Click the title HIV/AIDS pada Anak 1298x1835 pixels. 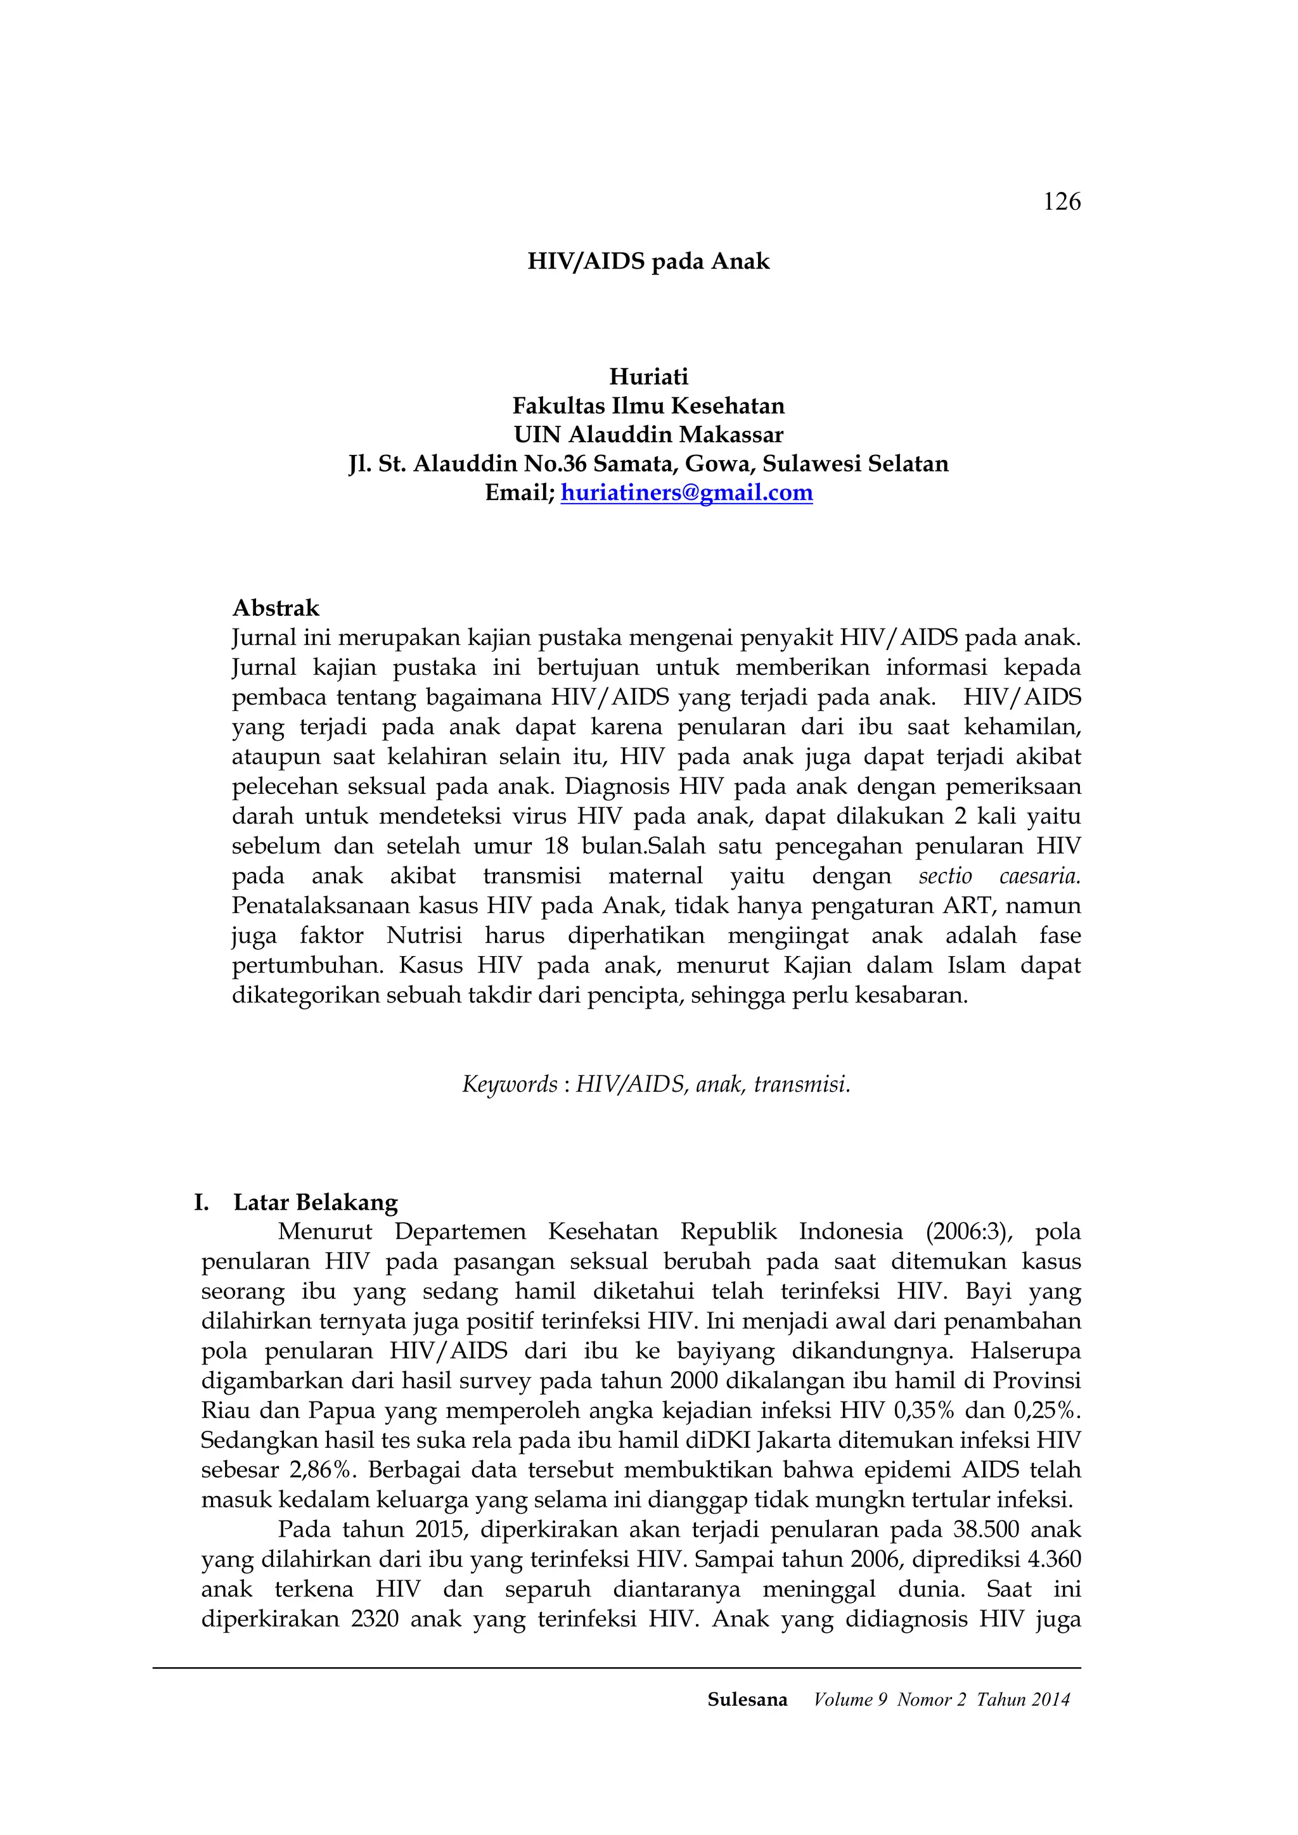pyautogui.click(x=648, y=261)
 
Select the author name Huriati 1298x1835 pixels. pyautogui.click(x=648, y=376)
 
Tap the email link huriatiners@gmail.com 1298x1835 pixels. pyautogui.click(x=686, y=492)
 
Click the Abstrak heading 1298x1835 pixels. pyautogui.click(x=276, y=608)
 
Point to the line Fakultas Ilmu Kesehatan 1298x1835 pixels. pyautogui.click(x=648, y=406)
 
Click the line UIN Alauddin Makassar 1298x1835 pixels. pyautogui.click(x=648, y=435)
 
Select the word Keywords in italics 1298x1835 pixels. pyautogui.click(x=509, y=1085)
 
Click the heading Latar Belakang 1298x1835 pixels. pyautogui.click(x=316, y=1202)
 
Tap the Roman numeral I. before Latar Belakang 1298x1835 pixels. pyautogui.click(x=202, y=1202)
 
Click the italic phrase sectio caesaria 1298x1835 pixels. pyautogui.click(x=999, y=876)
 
